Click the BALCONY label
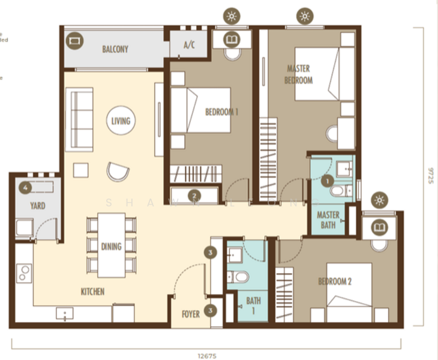click(x=115, y=49)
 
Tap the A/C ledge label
click(x=189, y=44)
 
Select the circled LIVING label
click(x=121, y=121)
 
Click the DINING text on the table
click(x=112, y=246)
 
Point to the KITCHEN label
click(x=93, y=292)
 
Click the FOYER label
click(x=191, y=314)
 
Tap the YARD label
click(x=38, y=205)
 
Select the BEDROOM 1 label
click(x=221, y=112)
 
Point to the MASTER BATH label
click(x=328, y=220)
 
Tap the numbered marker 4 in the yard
click(x=24, y=187)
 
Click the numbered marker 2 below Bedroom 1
click(x=194, y=195)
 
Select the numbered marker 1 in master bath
click(x=327, y=179)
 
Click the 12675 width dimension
click(x=205, y=355)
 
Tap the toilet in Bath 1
click(x=241, y=277)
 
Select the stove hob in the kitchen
click(x=24, y=273)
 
